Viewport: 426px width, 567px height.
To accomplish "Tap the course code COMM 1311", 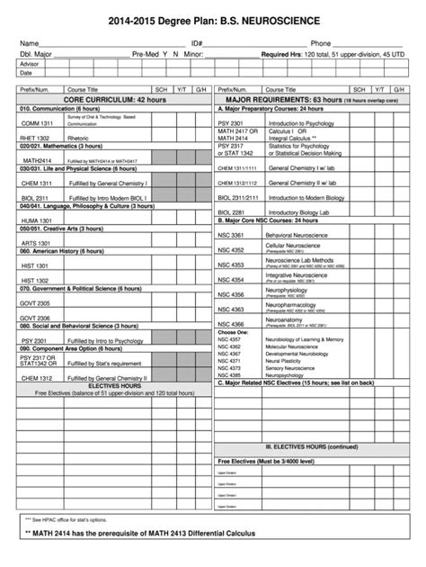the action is [x=37, y=122].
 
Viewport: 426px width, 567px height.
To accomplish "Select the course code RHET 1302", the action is [x=36, y=137].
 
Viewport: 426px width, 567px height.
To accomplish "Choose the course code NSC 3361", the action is [x=231, y=234].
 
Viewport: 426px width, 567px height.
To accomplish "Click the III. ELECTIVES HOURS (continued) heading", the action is [x=308, y=446].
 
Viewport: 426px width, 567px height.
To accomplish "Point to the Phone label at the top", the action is [x=321, y=43].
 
